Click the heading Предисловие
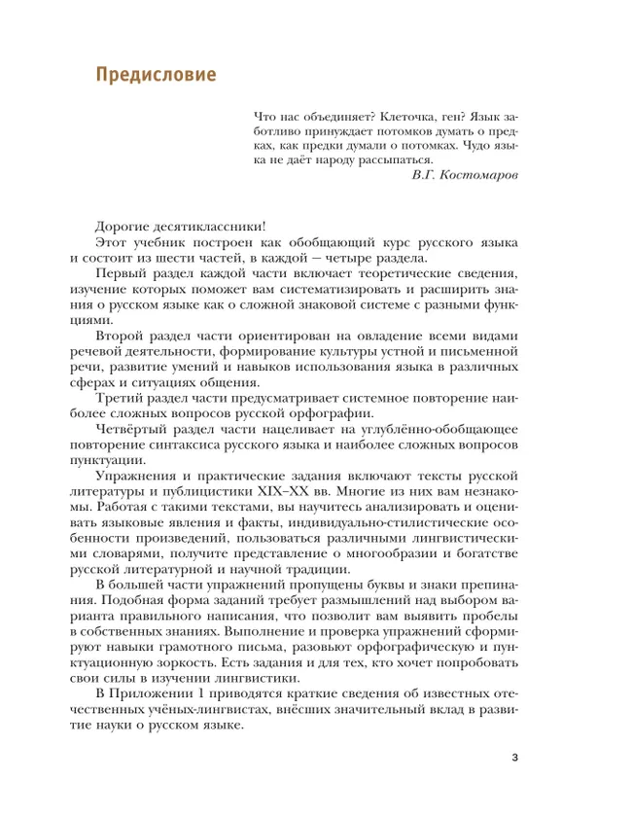click(x=155, y=75)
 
